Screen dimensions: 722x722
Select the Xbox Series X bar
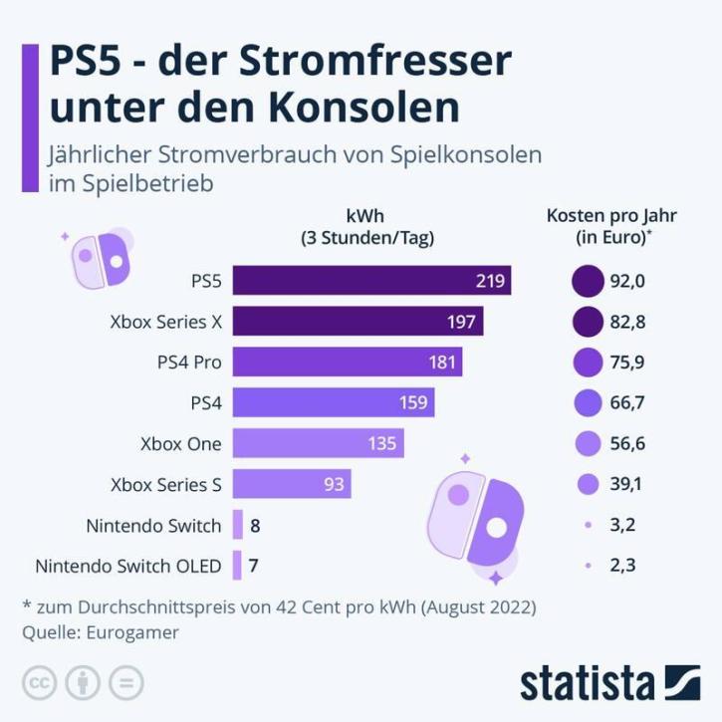(x=358, y=322)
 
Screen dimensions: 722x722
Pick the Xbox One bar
(x=318, y=443)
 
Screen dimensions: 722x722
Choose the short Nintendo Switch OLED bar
(x=237, y=566)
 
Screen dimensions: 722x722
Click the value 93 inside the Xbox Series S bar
(x=335, y=484)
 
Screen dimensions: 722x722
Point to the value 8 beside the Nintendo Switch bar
(x=256, y=525)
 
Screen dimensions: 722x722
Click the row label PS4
(x=205, y=402)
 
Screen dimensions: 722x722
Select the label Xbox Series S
(x=166, y=484)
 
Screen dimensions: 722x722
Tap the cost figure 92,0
(x=628, y=282)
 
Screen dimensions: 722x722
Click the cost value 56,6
(x=628, y=443)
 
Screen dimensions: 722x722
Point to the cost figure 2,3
(x=624, y=566)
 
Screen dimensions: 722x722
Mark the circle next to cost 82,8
(x=589, y=322)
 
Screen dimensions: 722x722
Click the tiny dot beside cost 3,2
(x=589, y=525)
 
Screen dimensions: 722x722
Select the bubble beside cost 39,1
(x=589, y=484)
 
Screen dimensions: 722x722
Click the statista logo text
(x=588, y=684)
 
